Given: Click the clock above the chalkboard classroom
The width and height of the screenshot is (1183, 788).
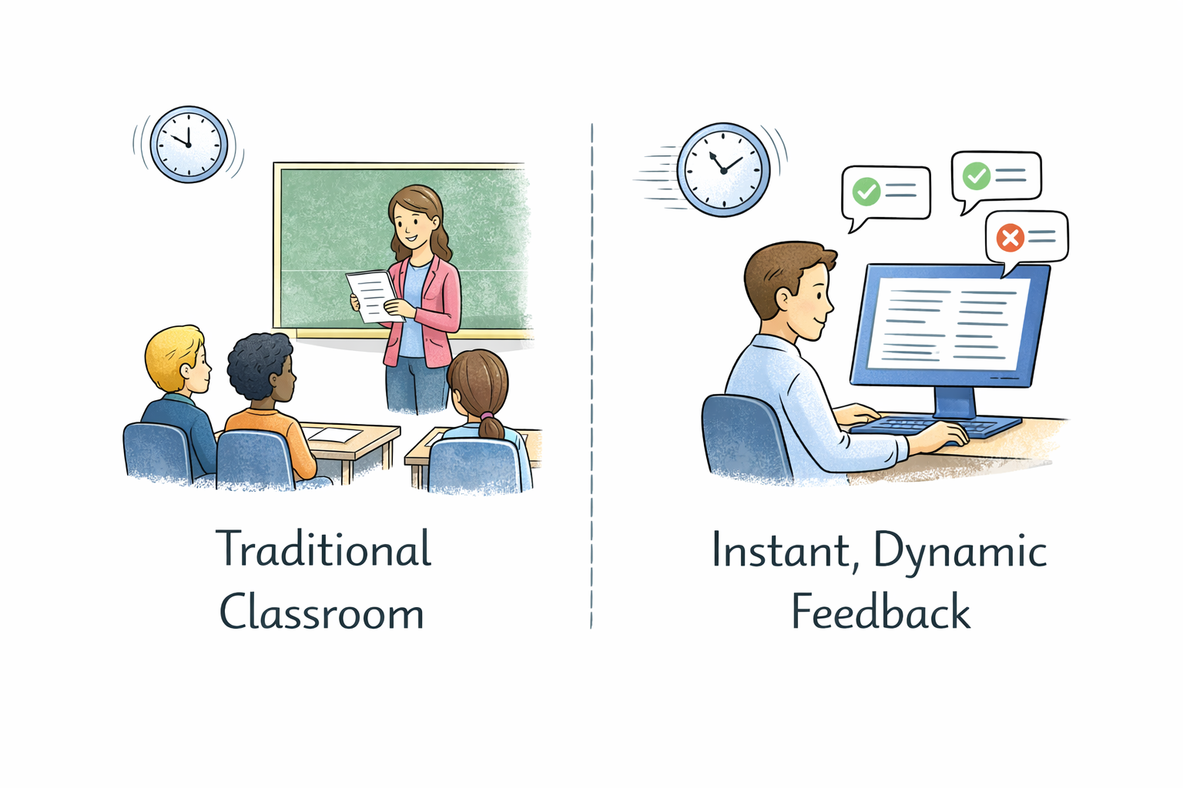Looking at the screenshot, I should coord(189,145).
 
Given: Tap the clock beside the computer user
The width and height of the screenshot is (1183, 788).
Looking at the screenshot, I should coord(723,170).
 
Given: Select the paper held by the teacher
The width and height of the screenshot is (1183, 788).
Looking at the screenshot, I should coord(373,295).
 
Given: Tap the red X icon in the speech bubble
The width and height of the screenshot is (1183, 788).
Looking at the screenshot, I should coord(1010,238).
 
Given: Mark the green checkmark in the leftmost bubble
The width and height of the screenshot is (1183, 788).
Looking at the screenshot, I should coord(866,191).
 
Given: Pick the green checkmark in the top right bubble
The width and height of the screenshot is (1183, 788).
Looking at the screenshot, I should coord(977,175).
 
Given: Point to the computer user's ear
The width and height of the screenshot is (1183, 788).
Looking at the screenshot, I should coord(783,299).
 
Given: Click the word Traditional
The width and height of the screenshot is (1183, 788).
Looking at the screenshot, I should coord(323,549).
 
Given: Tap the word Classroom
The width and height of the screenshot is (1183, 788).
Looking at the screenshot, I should coord(322,613).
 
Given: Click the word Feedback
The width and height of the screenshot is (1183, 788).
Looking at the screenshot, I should coord(880,613).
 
